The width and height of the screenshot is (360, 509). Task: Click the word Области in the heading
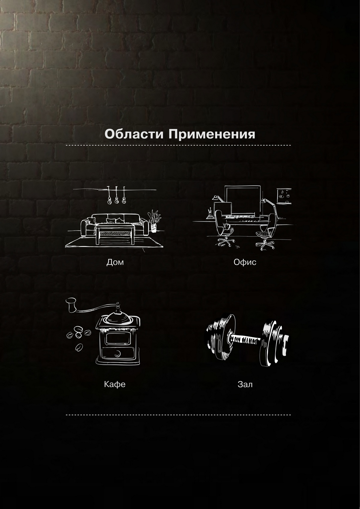point(134,134)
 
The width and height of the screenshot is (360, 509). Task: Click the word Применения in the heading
point(211,134)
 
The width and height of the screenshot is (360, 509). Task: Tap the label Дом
point(115,262)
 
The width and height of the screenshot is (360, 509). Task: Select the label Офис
point(245,262)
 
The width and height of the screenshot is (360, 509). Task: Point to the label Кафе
point(114,384)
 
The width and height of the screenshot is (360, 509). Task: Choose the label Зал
point(245,384)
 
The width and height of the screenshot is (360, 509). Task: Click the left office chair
point(224,227)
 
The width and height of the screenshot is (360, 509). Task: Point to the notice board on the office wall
point(284,196)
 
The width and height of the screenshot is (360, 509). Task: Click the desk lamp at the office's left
point(217,204)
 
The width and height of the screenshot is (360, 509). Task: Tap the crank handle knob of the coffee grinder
point(71,305)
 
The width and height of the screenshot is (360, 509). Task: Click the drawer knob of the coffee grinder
point(118,353)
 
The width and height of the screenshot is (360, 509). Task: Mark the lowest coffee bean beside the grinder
point(79,347)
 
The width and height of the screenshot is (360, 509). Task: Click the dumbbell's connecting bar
point(246,340)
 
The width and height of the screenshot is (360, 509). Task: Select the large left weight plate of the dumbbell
point(222,336)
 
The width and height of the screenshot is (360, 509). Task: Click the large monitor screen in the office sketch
point(243,200)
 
